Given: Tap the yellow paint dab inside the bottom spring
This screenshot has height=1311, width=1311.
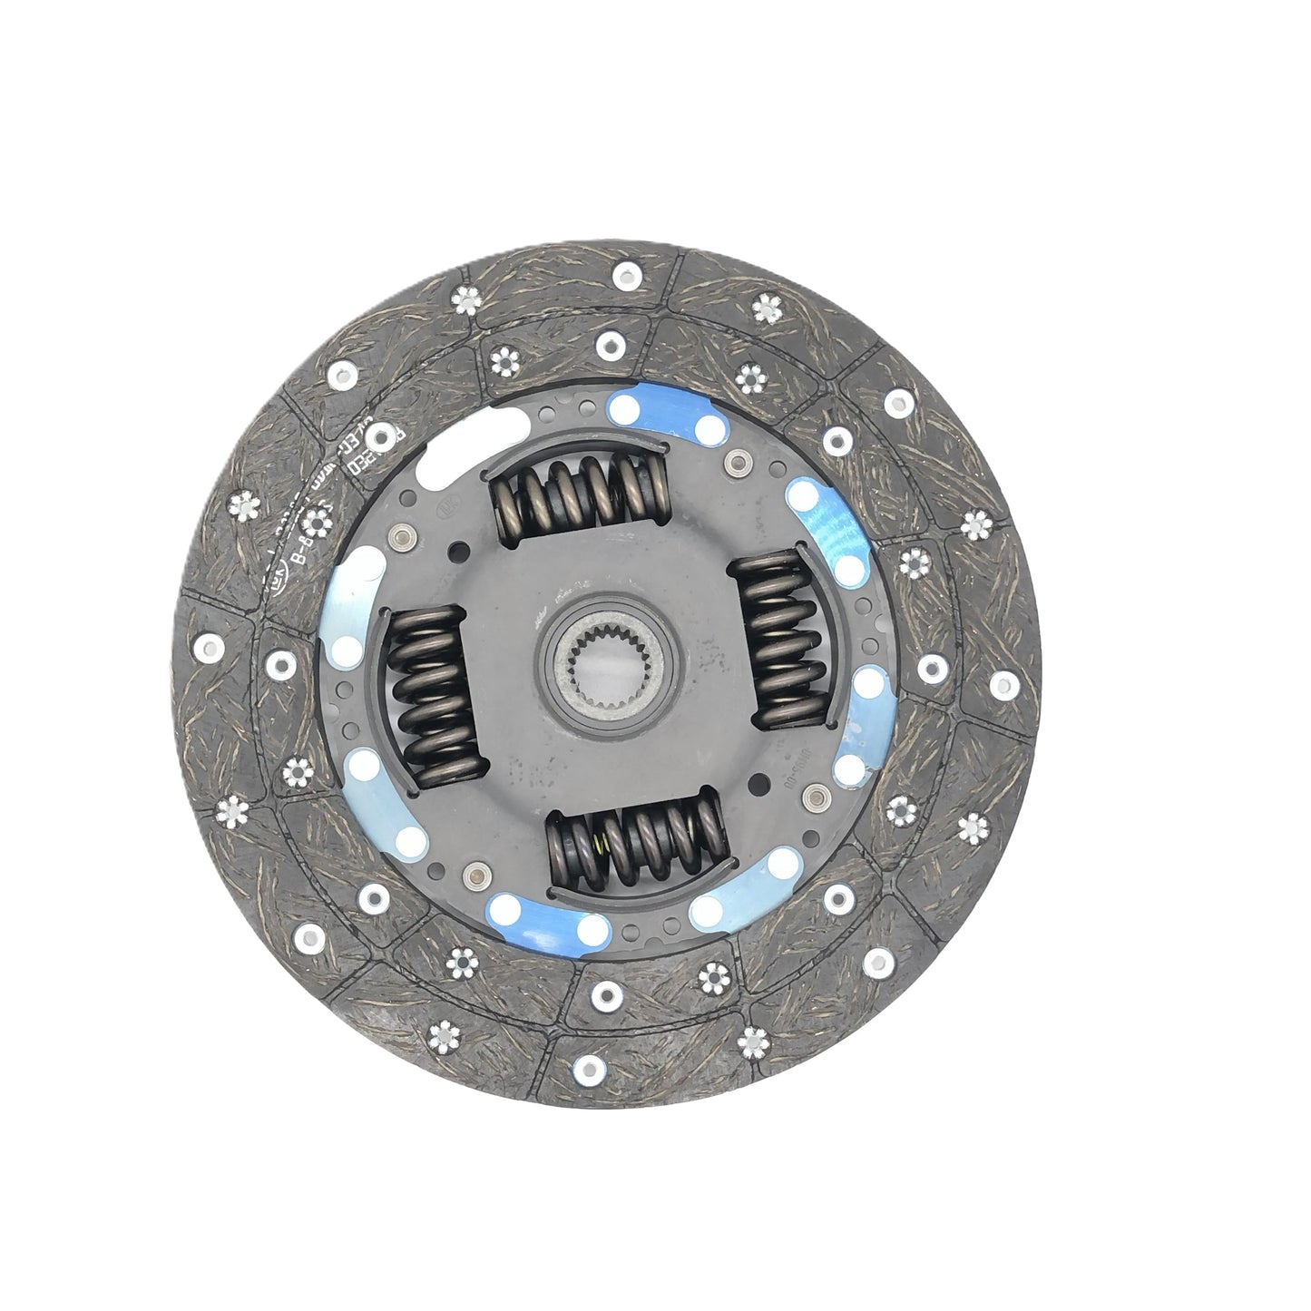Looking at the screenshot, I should point(600,843).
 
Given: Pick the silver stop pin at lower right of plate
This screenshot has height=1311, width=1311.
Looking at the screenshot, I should point(816,796).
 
